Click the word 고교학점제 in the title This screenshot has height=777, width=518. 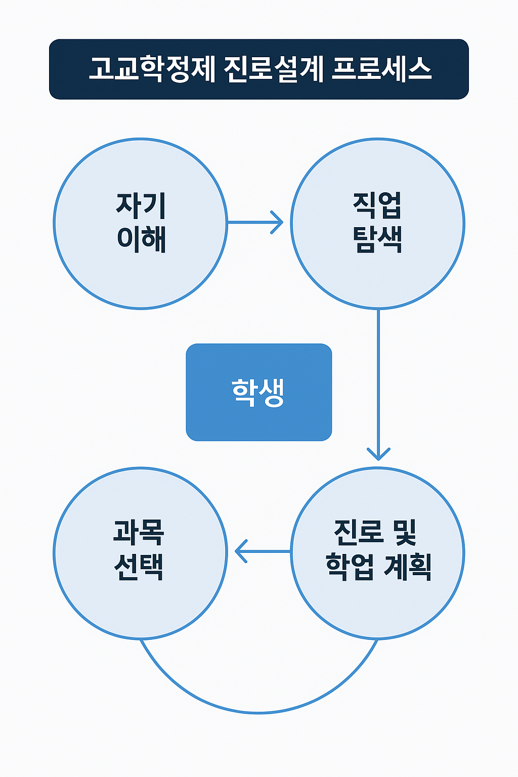[x=152, y=69]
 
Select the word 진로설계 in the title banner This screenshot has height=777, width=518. [x=273, y=69]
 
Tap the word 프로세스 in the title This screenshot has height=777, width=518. [x=382, y=69]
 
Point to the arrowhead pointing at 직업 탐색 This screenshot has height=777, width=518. [x=278, y=223]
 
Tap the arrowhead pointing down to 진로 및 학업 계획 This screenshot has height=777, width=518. [x=378, y=454]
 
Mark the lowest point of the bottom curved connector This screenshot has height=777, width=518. [x=259, y=713]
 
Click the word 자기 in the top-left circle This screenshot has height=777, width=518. [x=141, y=205]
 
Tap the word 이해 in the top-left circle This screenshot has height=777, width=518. [x=141, y=239]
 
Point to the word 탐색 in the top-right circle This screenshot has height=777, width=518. [x=377, y=239]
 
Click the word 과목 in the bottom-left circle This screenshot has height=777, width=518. [x=139, y=533]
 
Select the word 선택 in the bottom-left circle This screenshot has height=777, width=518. [x=139, y=567]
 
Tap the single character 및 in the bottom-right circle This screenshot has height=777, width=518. [x=404, y=533]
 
